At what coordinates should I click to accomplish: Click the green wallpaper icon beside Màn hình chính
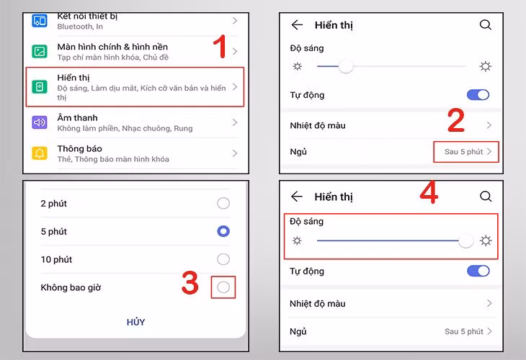click(x=40, y=51)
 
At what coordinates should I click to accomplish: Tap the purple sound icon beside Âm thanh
click(x=40, y=122)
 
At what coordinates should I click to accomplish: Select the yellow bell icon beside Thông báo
click(x=40, y=153)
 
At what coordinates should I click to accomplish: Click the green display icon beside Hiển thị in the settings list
click(x=40, y=87)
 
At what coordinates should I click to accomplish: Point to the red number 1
click(x=221, y=48)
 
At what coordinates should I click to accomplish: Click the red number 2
click(x=455, y=121)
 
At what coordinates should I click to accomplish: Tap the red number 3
click(x=190, y=284)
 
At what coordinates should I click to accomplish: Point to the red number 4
click(x=429, y=194)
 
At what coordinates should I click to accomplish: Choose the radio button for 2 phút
click(x=223, y=204)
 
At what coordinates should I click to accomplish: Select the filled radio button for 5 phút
click(x=223, y=231)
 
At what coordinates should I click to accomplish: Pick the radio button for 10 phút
click(x=223, y=259)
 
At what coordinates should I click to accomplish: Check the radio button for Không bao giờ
click(x=223, y=287)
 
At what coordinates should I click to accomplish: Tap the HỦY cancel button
click(x=135, y=322)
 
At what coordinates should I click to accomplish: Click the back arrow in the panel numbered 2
click(x=297, y=24)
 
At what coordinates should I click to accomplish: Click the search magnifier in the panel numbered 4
click(x=486, y=197)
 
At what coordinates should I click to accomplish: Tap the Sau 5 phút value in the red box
click(x=463, y=152)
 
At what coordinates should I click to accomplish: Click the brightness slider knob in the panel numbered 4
click(x=466, y=240)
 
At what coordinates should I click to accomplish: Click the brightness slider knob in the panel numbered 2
click(x=346, y=66)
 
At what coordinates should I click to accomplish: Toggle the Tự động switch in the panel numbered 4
click(x=478, y=271)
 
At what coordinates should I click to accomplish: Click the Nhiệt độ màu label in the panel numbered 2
click(x=318, y=125)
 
